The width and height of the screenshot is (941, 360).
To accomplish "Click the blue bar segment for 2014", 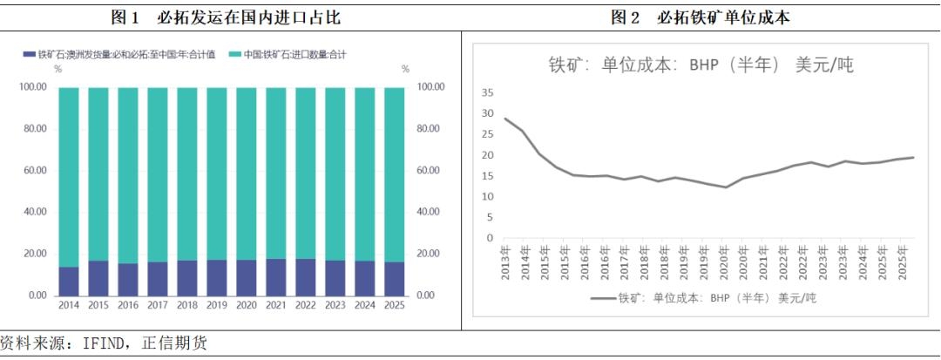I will [x=69, y=281].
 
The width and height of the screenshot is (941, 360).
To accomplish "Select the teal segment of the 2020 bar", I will [x=247, y=173].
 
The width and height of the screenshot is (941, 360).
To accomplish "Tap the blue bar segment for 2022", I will [x=306, y=277].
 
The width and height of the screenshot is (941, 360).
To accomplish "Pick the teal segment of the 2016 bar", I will [x=128, y=175].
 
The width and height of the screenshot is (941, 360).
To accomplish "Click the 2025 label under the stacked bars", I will [x=395, y=306].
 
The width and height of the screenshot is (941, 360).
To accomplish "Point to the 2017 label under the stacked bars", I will [x=158, y=306].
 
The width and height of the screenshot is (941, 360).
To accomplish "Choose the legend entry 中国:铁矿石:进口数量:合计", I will [x=287, y=55].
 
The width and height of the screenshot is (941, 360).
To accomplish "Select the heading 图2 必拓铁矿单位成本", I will [x=700, y=17].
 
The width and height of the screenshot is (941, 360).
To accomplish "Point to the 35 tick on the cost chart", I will [x=487, y=93].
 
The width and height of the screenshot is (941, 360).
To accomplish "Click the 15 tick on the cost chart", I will [x=487, y=176].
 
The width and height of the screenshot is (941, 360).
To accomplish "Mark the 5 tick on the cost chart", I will [x=490, y=217].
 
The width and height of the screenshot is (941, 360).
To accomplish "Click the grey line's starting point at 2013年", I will [x=505, y=119].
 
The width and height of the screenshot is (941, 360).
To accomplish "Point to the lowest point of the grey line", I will [x=726, y=187].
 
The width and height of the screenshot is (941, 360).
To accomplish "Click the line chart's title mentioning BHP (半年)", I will [x=700, y=65].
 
